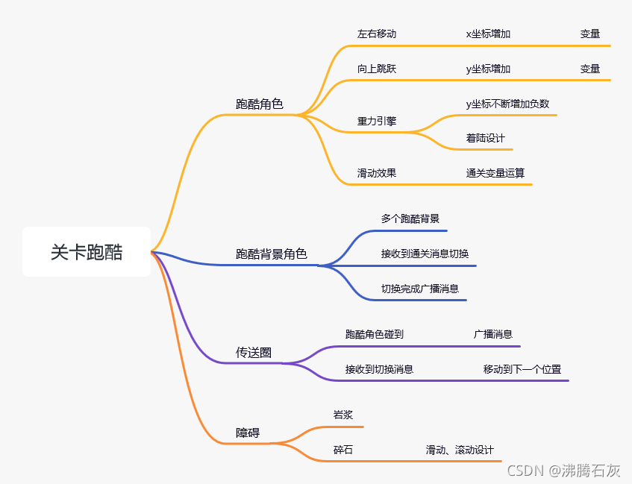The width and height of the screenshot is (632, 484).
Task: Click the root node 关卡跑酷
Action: tap(87, 252)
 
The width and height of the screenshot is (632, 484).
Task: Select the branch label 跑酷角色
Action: tap(260, 104)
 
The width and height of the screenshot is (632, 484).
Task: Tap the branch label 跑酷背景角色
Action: tap(272, 254)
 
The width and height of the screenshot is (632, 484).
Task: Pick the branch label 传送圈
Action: tap(254, 353)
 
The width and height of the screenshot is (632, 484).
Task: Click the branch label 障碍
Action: tap(248, 433)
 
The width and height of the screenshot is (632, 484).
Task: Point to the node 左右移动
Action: tap(377, 34)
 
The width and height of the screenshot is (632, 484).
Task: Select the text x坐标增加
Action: tap(488, 34)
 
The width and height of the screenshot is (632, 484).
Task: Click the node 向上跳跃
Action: tap(377, 69)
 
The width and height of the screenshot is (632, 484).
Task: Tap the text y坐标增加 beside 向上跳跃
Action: tap(488, 69)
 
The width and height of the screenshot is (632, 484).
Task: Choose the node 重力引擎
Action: tap(377, 121)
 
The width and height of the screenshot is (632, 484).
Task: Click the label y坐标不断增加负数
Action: tap(507, 104)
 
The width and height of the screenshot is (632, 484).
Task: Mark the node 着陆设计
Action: tap(486, 139)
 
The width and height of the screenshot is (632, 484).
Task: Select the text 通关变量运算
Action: tap(495, 173)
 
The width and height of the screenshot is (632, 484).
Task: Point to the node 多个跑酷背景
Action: tap(410, 219)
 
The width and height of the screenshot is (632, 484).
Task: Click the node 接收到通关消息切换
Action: tap(425, 254)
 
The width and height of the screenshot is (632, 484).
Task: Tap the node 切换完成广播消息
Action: tap(420, 289)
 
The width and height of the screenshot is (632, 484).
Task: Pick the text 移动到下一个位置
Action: tap(522, 369)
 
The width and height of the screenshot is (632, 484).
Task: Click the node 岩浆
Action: tap(343, 415)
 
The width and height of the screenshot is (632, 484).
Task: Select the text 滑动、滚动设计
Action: tap(460, 450)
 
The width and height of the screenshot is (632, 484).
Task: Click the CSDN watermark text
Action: tap(564, 471)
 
